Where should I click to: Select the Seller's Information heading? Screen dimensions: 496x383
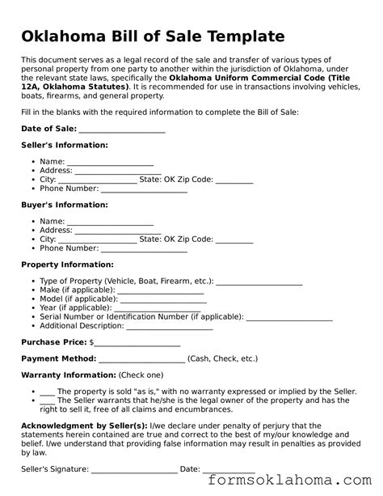pyautogui.click(x=64, y=145)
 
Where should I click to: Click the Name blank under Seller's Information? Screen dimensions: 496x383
pyautogui.click(x=98, y=162)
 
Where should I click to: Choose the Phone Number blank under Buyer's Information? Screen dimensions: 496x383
pyautogui.click(x=144, y=249)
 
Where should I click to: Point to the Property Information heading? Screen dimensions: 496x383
pyautogui.click(x=67, y=265)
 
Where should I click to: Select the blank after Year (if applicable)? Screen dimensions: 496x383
pyautogui.click(x=158, y=308)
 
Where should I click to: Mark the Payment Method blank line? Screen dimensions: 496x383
pyautogui.click(x=141, y=358)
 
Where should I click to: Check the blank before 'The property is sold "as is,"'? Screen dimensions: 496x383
pyautogui.click(x=46, y=391)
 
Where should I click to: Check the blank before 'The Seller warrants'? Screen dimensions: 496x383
pyautogui.click(x=46, y=401)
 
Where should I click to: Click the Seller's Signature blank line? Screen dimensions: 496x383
pyautogui.click(x=133, y=469)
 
